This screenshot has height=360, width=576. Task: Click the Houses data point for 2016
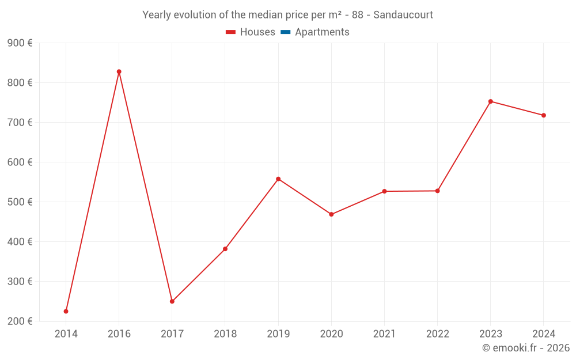[x=119, y=72]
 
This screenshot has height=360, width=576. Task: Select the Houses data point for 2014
[x=66, y=311]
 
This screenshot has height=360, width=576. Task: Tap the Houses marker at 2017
[x=172, y=301]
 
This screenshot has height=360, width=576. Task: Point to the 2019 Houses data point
[x=278, y=179]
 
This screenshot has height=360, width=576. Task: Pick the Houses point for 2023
[x=491, y=101]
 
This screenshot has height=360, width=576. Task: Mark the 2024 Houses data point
[x=544, y=115]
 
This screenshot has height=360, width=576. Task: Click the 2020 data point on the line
[x=331, y=214]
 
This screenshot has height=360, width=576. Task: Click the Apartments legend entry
[x=322, y=32]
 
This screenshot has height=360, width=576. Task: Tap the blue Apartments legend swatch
[x=285, y=32]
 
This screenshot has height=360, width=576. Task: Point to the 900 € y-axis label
[x=20, y=43]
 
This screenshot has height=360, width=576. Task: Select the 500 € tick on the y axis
[x=20, y=202]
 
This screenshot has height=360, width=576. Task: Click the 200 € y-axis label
[x=20, y=321]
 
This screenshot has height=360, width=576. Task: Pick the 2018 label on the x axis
[x=225, y=334]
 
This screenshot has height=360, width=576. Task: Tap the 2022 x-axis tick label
[x=437, y=334]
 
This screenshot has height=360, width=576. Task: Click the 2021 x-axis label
[x=384, y=334]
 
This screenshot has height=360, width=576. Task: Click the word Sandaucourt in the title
[x=403, y=15]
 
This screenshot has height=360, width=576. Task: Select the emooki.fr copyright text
[x=526, y=348]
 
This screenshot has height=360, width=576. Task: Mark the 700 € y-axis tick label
[x=20, y=123]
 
